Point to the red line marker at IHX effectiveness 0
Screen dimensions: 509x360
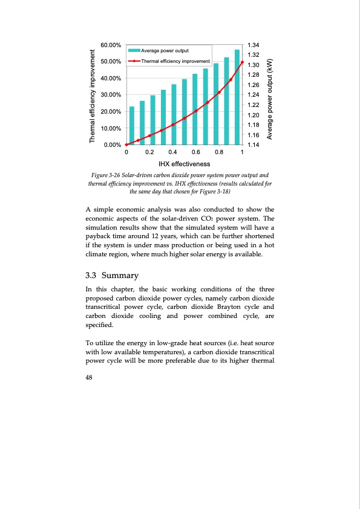coord(126,145)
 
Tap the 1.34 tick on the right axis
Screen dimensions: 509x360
coord(254,45)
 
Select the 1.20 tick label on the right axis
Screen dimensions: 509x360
coord(254,115)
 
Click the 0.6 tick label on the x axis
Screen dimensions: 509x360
coord(195,152)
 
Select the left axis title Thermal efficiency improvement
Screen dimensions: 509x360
coord(93,95)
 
